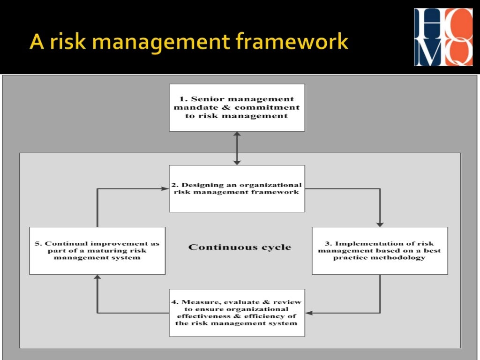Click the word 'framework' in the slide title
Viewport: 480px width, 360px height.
pos(292,42)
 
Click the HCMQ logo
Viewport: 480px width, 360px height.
pos(443,37)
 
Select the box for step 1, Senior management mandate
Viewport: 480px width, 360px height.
pos(237,107)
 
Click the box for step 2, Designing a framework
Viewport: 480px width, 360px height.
pos(237,188)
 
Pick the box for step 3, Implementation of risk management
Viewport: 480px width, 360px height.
pos(380,251)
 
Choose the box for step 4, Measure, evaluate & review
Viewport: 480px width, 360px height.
pos(237,313)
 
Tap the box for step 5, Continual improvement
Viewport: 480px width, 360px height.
pos(97,251)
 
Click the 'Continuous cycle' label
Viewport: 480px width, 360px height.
pos(240,247)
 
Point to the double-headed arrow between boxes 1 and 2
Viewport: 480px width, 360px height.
pos(237,148)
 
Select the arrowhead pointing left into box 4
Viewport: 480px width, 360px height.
pos(309,313)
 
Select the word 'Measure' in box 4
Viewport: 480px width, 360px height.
pos(197,302)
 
